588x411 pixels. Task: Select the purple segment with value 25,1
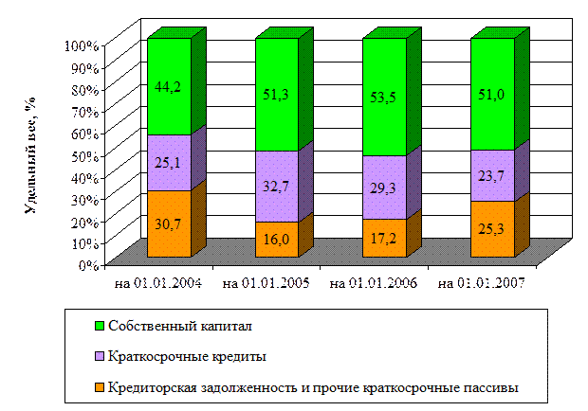tap(169, 163)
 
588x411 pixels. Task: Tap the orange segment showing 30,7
tap(169, 223)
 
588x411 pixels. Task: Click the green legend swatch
tap(99, 327)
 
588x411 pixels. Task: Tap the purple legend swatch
tap(99, 357)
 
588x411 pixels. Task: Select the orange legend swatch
tap(99, 386)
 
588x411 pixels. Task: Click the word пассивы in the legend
tap(493, 386)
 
